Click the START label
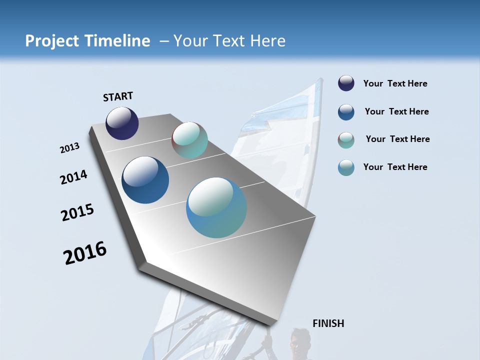[x=118, y=96]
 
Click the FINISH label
[x=328, y=323]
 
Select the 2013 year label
[x=69, y=148]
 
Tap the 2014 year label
[x=73, y=177]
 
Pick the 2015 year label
[x=77, y=212]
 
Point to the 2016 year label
[x=85, y=253]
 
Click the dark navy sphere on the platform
[x=122, y=123]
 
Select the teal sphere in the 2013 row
[x=189, y=140]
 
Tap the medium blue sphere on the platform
[x=145, y=180]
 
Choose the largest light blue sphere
[x=216, y=207]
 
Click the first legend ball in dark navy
[x=346, y=83]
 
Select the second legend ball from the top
[x=346, y=112]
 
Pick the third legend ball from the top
[x=346, y=140]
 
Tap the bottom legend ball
[x=346, y=167]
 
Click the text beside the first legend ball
[x=395, y=84]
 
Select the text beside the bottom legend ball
[x=395, y=167]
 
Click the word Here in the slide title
[x=267, y=41]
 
